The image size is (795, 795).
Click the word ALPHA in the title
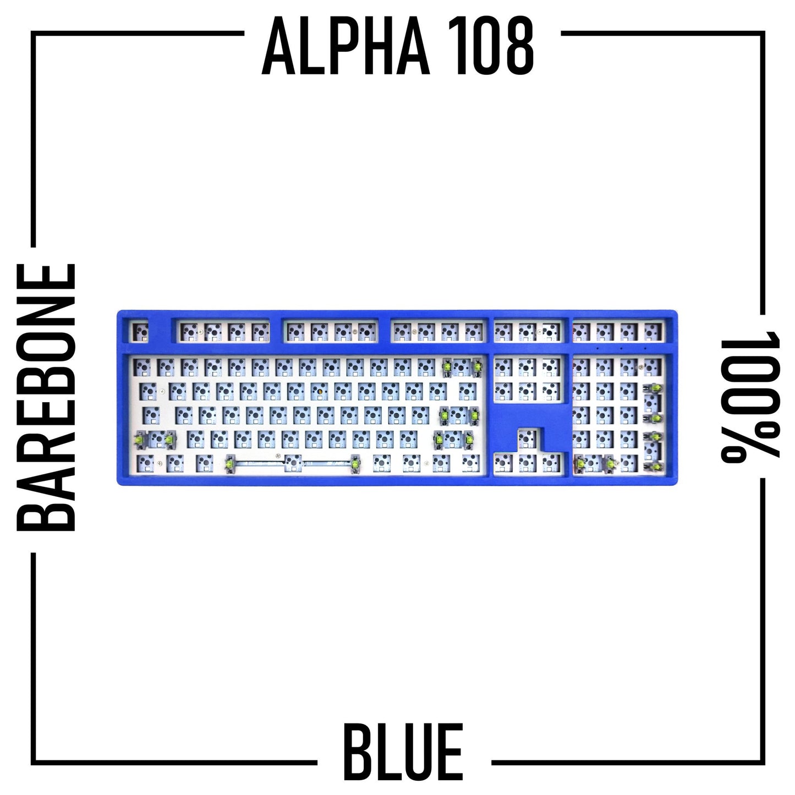[x=346, y=47]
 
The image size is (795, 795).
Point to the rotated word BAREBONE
[x=46, y=397]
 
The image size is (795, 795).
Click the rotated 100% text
[x=750, y=397]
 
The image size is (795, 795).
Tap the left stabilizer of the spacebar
[x=231, y=464]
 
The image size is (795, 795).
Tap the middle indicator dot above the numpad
[x=621, y=349]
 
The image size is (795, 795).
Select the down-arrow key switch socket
[x=527, y=464]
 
